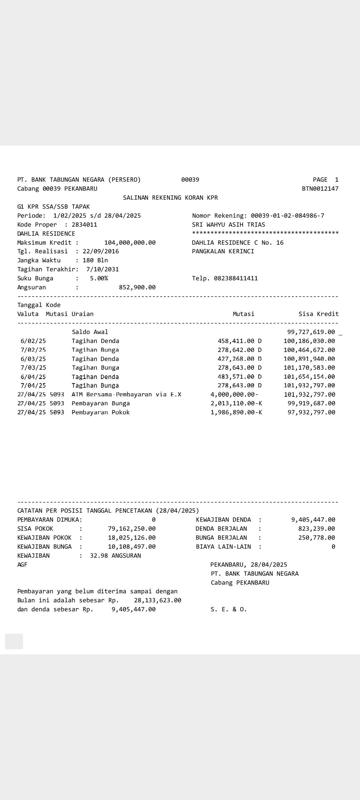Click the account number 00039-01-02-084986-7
pos(287,216)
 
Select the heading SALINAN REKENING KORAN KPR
pos(170,198)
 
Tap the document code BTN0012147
pos(320,189)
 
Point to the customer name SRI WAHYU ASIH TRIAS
pos(229,225)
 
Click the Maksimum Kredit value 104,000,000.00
pos(130,243)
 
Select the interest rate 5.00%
pos(99,278)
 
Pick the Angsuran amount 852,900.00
pos(137,287)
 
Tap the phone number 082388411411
pos(236,278)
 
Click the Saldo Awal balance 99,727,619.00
pos(311,332)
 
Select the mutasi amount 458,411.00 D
pos(239,341)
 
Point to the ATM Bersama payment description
pos(126,394)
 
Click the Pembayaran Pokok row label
pos(101,412)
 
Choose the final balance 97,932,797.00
pos(311,412)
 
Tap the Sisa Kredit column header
pos(318,314)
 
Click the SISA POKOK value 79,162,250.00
pos(132,529)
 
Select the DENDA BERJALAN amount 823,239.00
pos(317,529)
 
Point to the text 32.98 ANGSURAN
pos(115,556)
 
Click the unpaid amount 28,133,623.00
pos(157,600)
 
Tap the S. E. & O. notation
pos(229,609)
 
